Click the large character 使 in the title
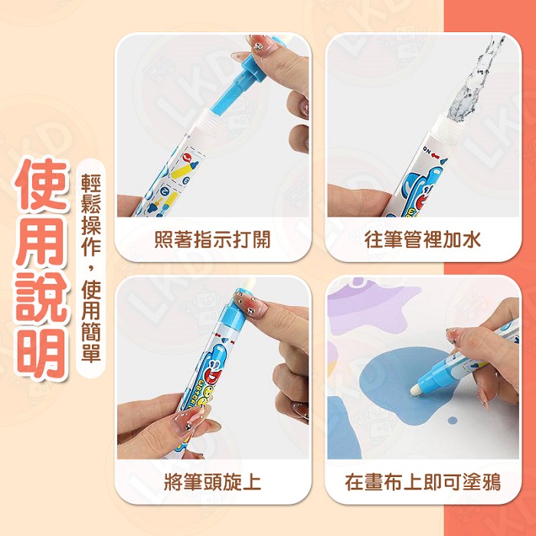coord(41,185)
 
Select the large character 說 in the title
coord(41,296)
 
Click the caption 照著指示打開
coord(212,240)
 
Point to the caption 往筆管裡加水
coord(423,240)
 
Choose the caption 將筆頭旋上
coord(212,482)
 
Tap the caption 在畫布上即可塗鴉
coord(423,482)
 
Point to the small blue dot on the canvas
coord(453,420)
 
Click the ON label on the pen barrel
coord(427,149)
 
